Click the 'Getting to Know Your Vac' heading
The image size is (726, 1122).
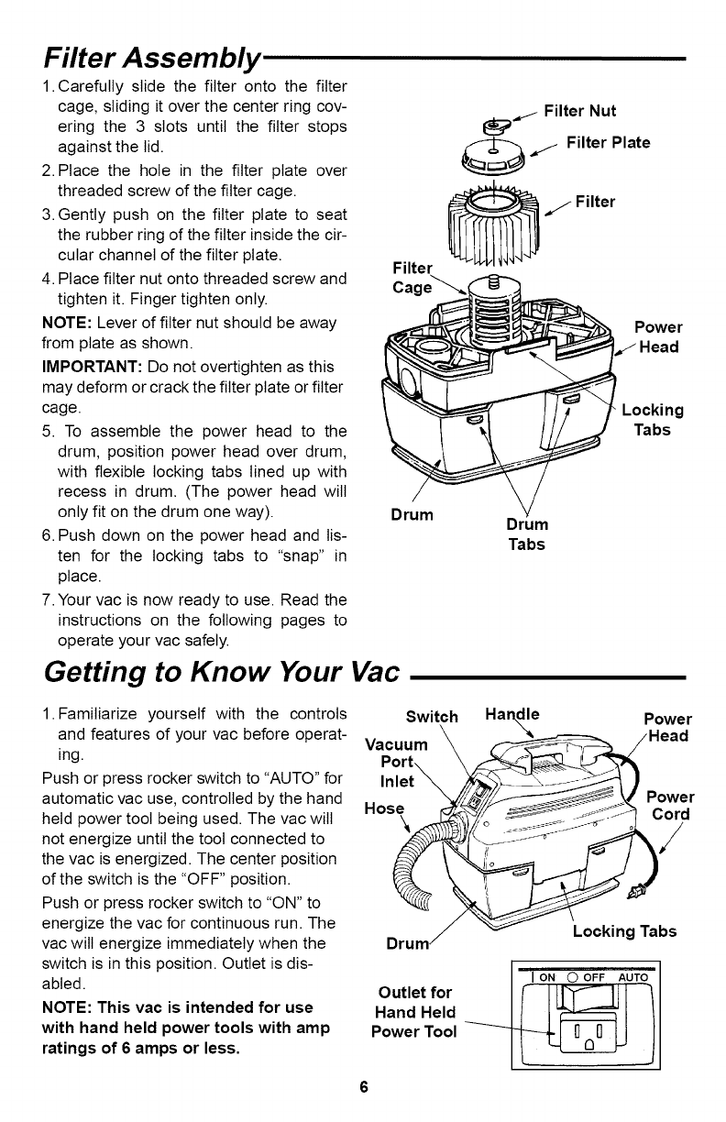pos(221,676)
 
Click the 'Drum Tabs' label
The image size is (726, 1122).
pos(527,534)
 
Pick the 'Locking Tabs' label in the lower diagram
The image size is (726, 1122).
pos(624,931)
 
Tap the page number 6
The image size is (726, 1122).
pos(363,1087)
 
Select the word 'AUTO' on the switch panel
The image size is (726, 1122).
pos(631,976)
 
